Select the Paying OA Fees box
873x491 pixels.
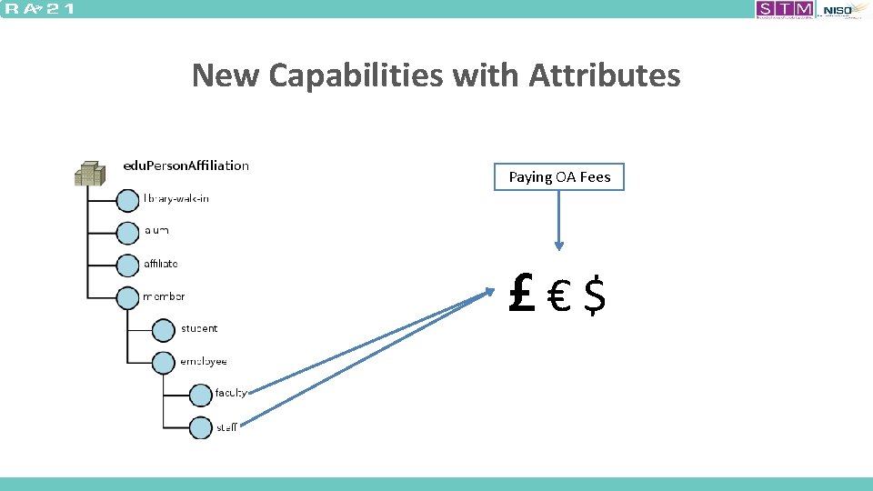click(x=559, y=177)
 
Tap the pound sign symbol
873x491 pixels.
click(x=522, y=296)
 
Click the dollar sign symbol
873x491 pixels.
click(x=594, y=296)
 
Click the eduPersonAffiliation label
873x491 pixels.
click(x=186, y=165)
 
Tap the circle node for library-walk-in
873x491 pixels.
click(x=128, y=199)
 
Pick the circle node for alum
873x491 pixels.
click(x=128, y=232)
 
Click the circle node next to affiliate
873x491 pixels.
click(x=128, y=265)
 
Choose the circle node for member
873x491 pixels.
click(x=128, y=297)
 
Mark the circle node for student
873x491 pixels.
click(x=164, y=329)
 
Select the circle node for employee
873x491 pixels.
click(x=164, y=362)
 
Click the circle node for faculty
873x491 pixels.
click(x=200, y=395)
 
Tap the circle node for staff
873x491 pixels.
click(x=200, y=427)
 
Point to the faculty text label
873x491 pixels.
click(x=231, y=394)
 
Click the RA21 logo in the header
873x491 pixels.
click(x=41, y=9)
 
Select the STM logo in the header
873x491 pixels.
click(x=785, y=9)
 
